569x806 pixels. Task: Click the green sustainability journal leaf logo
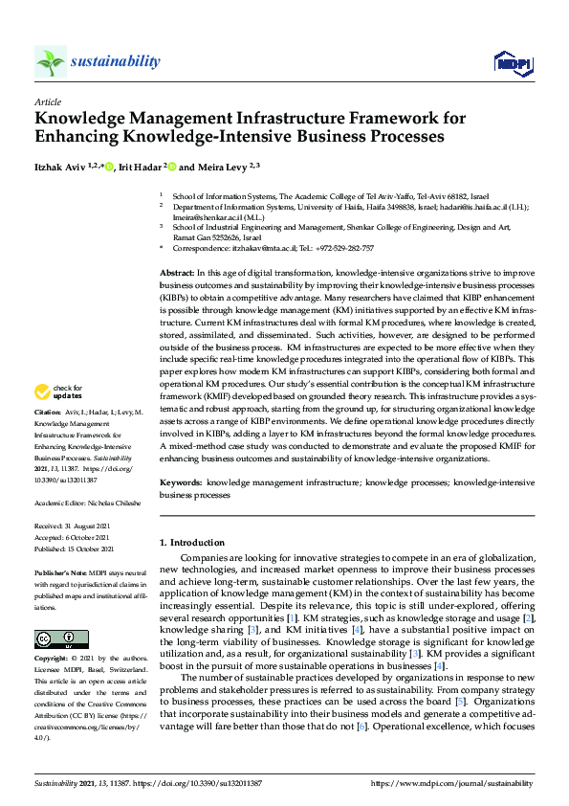tap(50, 62)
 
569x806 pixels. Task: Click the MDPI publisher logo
tap(513, 63)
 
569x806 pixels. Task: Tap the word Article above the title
tap(47, 101)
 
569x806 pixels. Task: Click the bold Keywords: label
tap(180, 484)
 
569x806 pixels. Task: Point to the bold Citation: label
tap(51, 440)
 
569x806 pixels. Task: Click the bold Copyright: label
tap(53, 660)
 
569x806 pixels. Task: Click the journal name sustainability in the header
tap(117, 61)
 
